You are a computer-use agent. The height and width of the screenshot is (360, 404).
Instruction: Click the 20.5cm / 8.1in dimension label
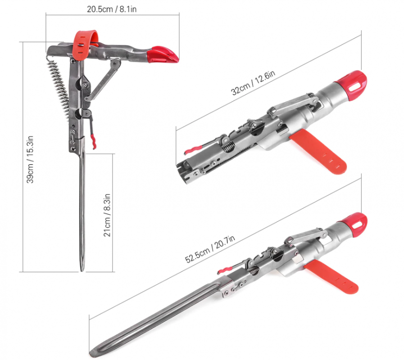click(x=112, y=9)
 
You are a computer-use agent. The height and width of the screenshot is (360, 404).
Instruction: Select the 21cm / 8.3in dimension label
click(x=107, y=215)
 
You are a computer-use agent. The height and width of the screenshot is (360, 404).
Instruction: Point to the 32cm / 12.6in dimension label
click(x=253, y=83)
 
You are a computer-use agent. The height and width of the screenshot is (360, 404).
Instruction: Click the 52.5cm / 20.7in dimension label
click(x=210, y=249)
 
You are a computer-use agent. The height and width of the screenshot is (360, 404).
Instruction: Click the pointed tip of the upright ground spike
click(x=82, y=270)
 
